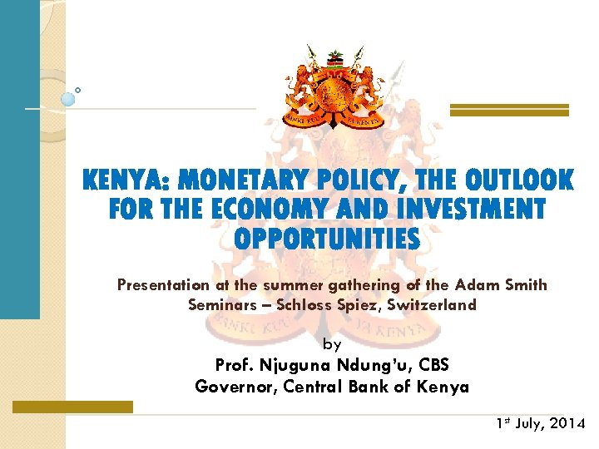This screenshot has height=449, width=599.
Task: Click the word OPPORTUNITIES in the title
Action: coord(327,239)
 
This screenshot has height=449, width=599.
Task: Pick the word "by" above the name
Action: coord(331,343)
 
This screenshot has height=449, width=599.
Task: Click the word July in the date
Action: coord(529,424)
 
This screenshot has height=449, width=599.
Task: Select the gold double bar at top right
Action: coord(509,110)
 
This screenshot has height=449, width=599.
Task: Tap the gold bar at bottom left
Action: coord(72,407)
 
